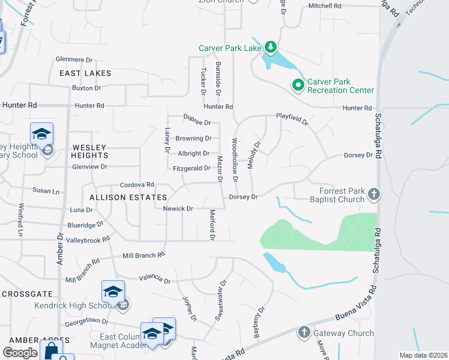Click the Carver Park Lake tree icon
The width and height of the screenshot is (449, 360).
[271, 47]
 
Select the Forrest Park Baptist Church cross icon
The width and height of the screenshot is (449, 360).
[374, 194]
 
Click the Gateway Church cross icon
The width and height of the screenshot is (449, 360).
[304, 332]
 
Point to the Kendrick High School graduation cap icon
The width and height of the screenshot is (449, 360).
[113, 292]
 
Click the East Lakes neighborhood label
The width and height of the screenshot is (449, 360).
[85, 73]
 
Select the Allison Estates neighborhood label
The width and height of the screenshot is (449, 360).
[128, 197]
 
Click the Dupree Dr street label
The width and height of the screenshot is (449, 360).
[197, 122]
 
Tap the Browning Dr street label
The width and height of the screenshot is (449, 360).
[193, 138]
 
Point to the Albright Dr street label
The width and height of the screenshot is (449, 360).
[193, 154]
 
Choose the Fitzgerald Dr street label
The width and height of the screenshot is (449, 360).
[191, 169]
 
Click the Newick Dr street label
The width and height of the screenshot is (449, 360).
[178, 209]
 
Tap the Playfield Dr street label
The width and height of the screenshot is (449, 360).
[292, 119]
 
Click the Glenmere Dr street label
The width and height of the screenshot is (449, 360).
[74, 60]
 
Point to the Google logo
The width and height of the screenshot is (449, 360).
[20, 353]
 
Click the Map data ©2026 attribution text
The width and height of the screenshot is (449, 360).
[423, 355]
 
